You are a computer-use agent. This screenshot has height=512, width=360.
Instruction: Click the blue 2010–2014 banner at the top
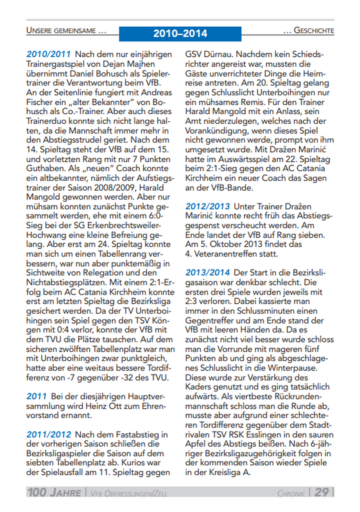click(x=180, y=33)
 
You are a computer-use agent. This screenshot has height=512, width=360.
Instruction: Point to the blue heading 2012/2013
click(x=208, y=206)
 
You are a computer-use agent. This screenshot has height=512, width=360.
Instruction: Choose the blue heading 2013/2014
click(x=208, y=272)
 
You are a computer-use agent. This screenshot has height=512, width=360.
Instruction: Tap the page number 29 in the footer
click(x=322, y=492)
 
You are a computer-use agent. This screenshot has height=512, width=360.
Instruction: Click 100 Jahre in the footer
click(x=54, y=492)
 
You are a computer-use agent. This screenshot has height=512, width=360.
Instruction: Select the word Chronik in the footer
click(x=291, y=493)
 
